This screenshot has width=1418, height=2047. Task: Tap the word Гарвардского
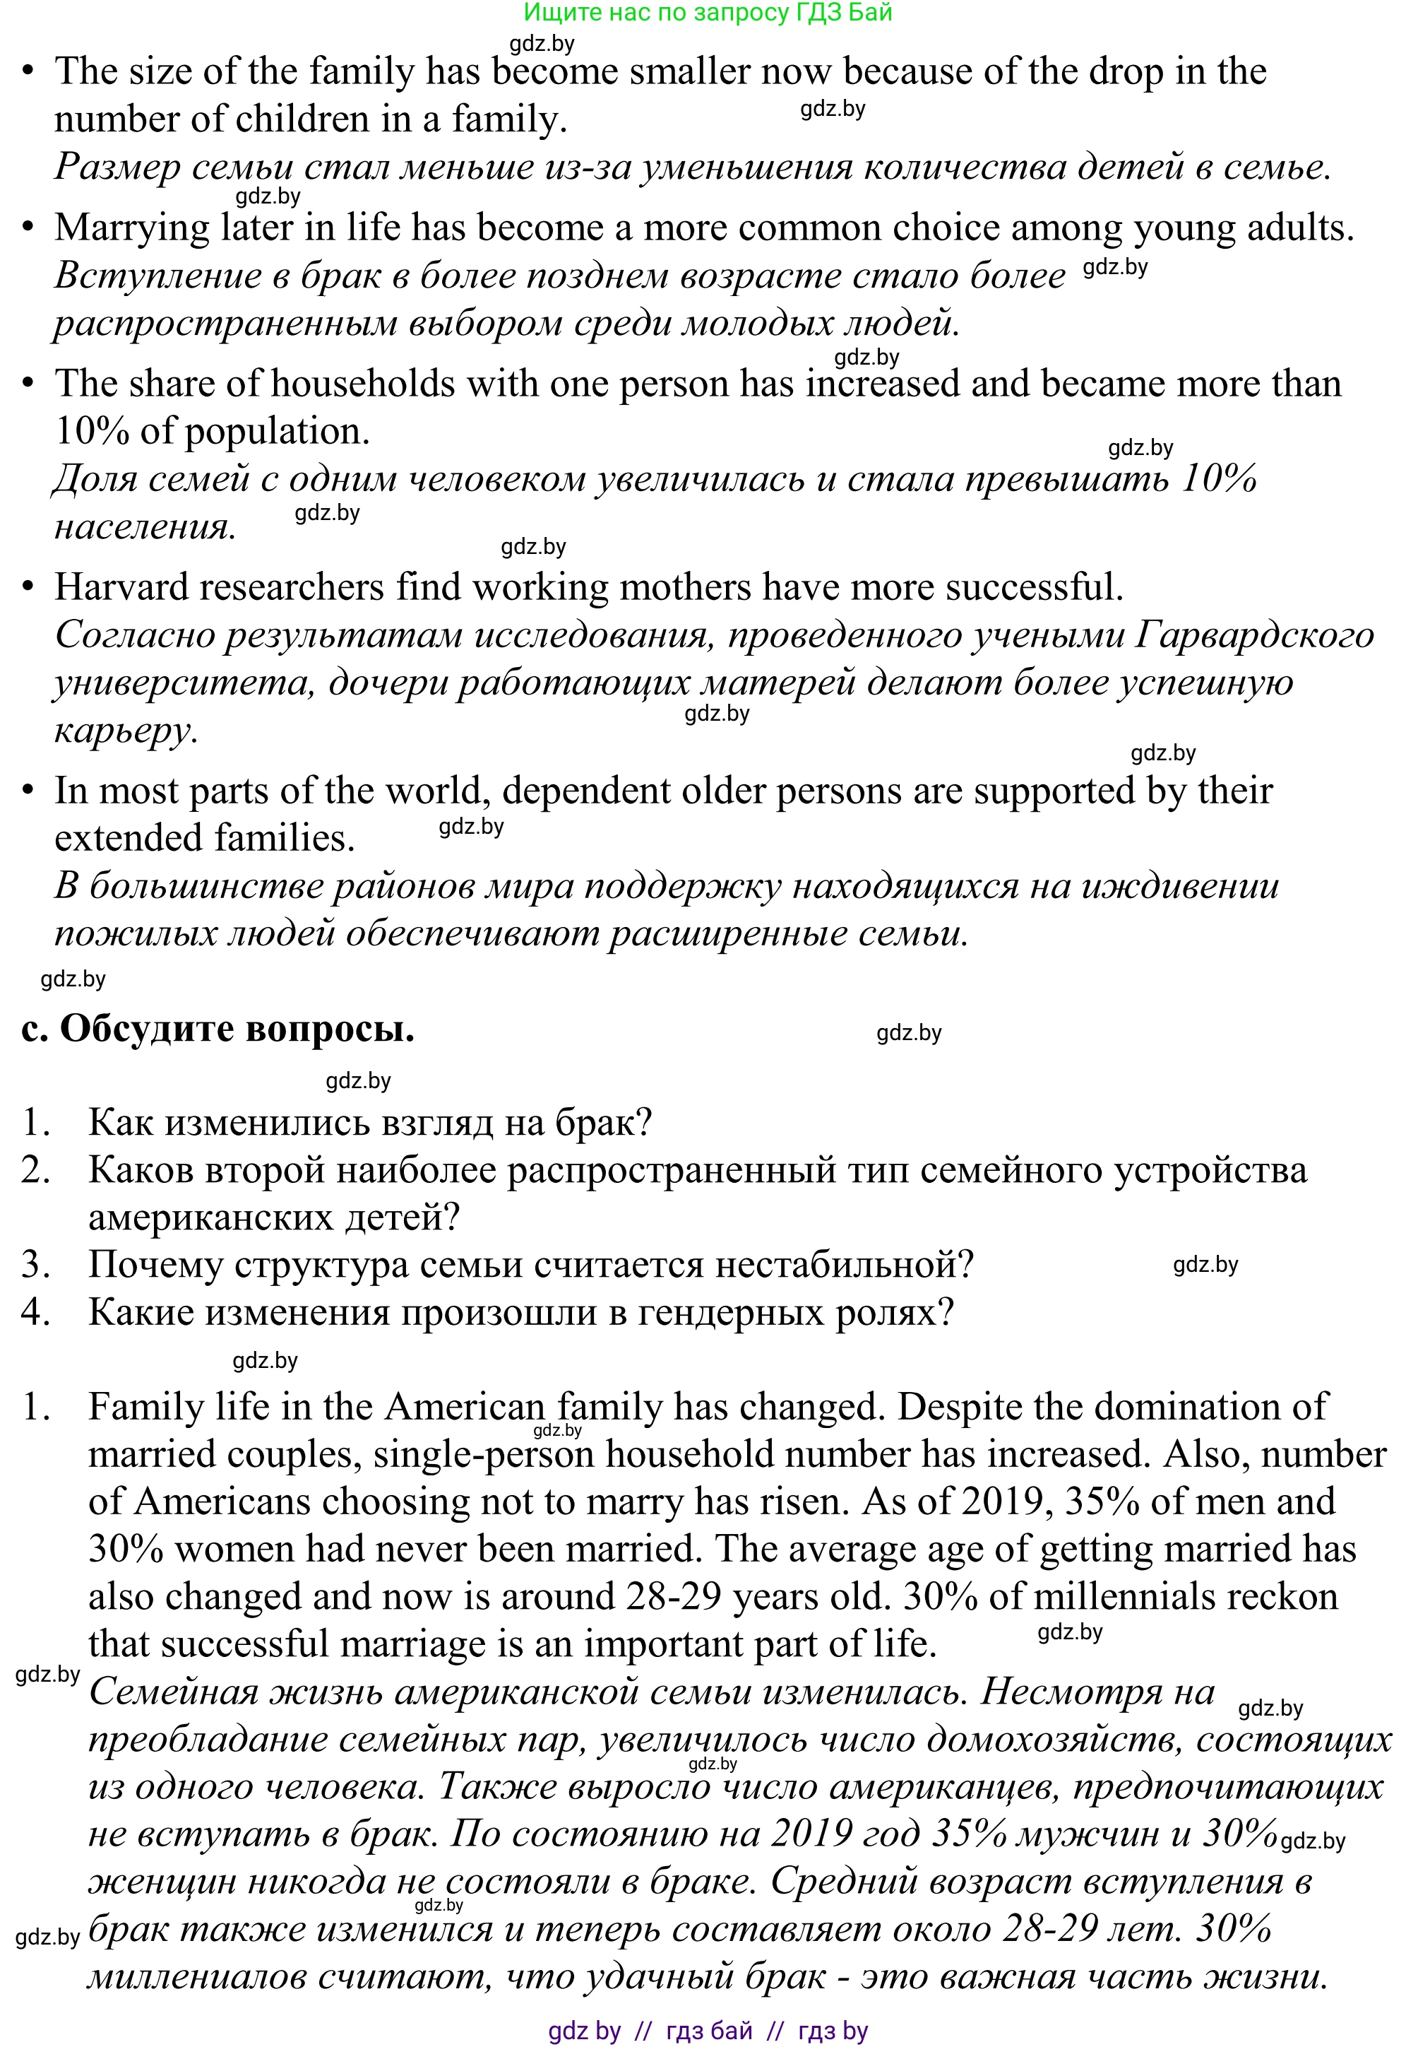tap(1255, 635)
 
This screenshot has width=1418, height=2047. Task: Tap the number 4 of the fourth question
tap(35, 1312)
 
